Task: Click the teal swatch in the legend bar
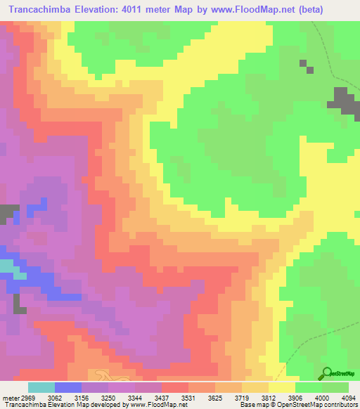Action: tap(41, 387)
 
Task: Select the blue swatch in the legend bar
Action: tap(68, 387)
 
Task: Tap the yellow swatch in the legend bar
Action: tap(282, 387)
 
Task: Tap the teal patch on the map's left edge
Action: tap(6, 266)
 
